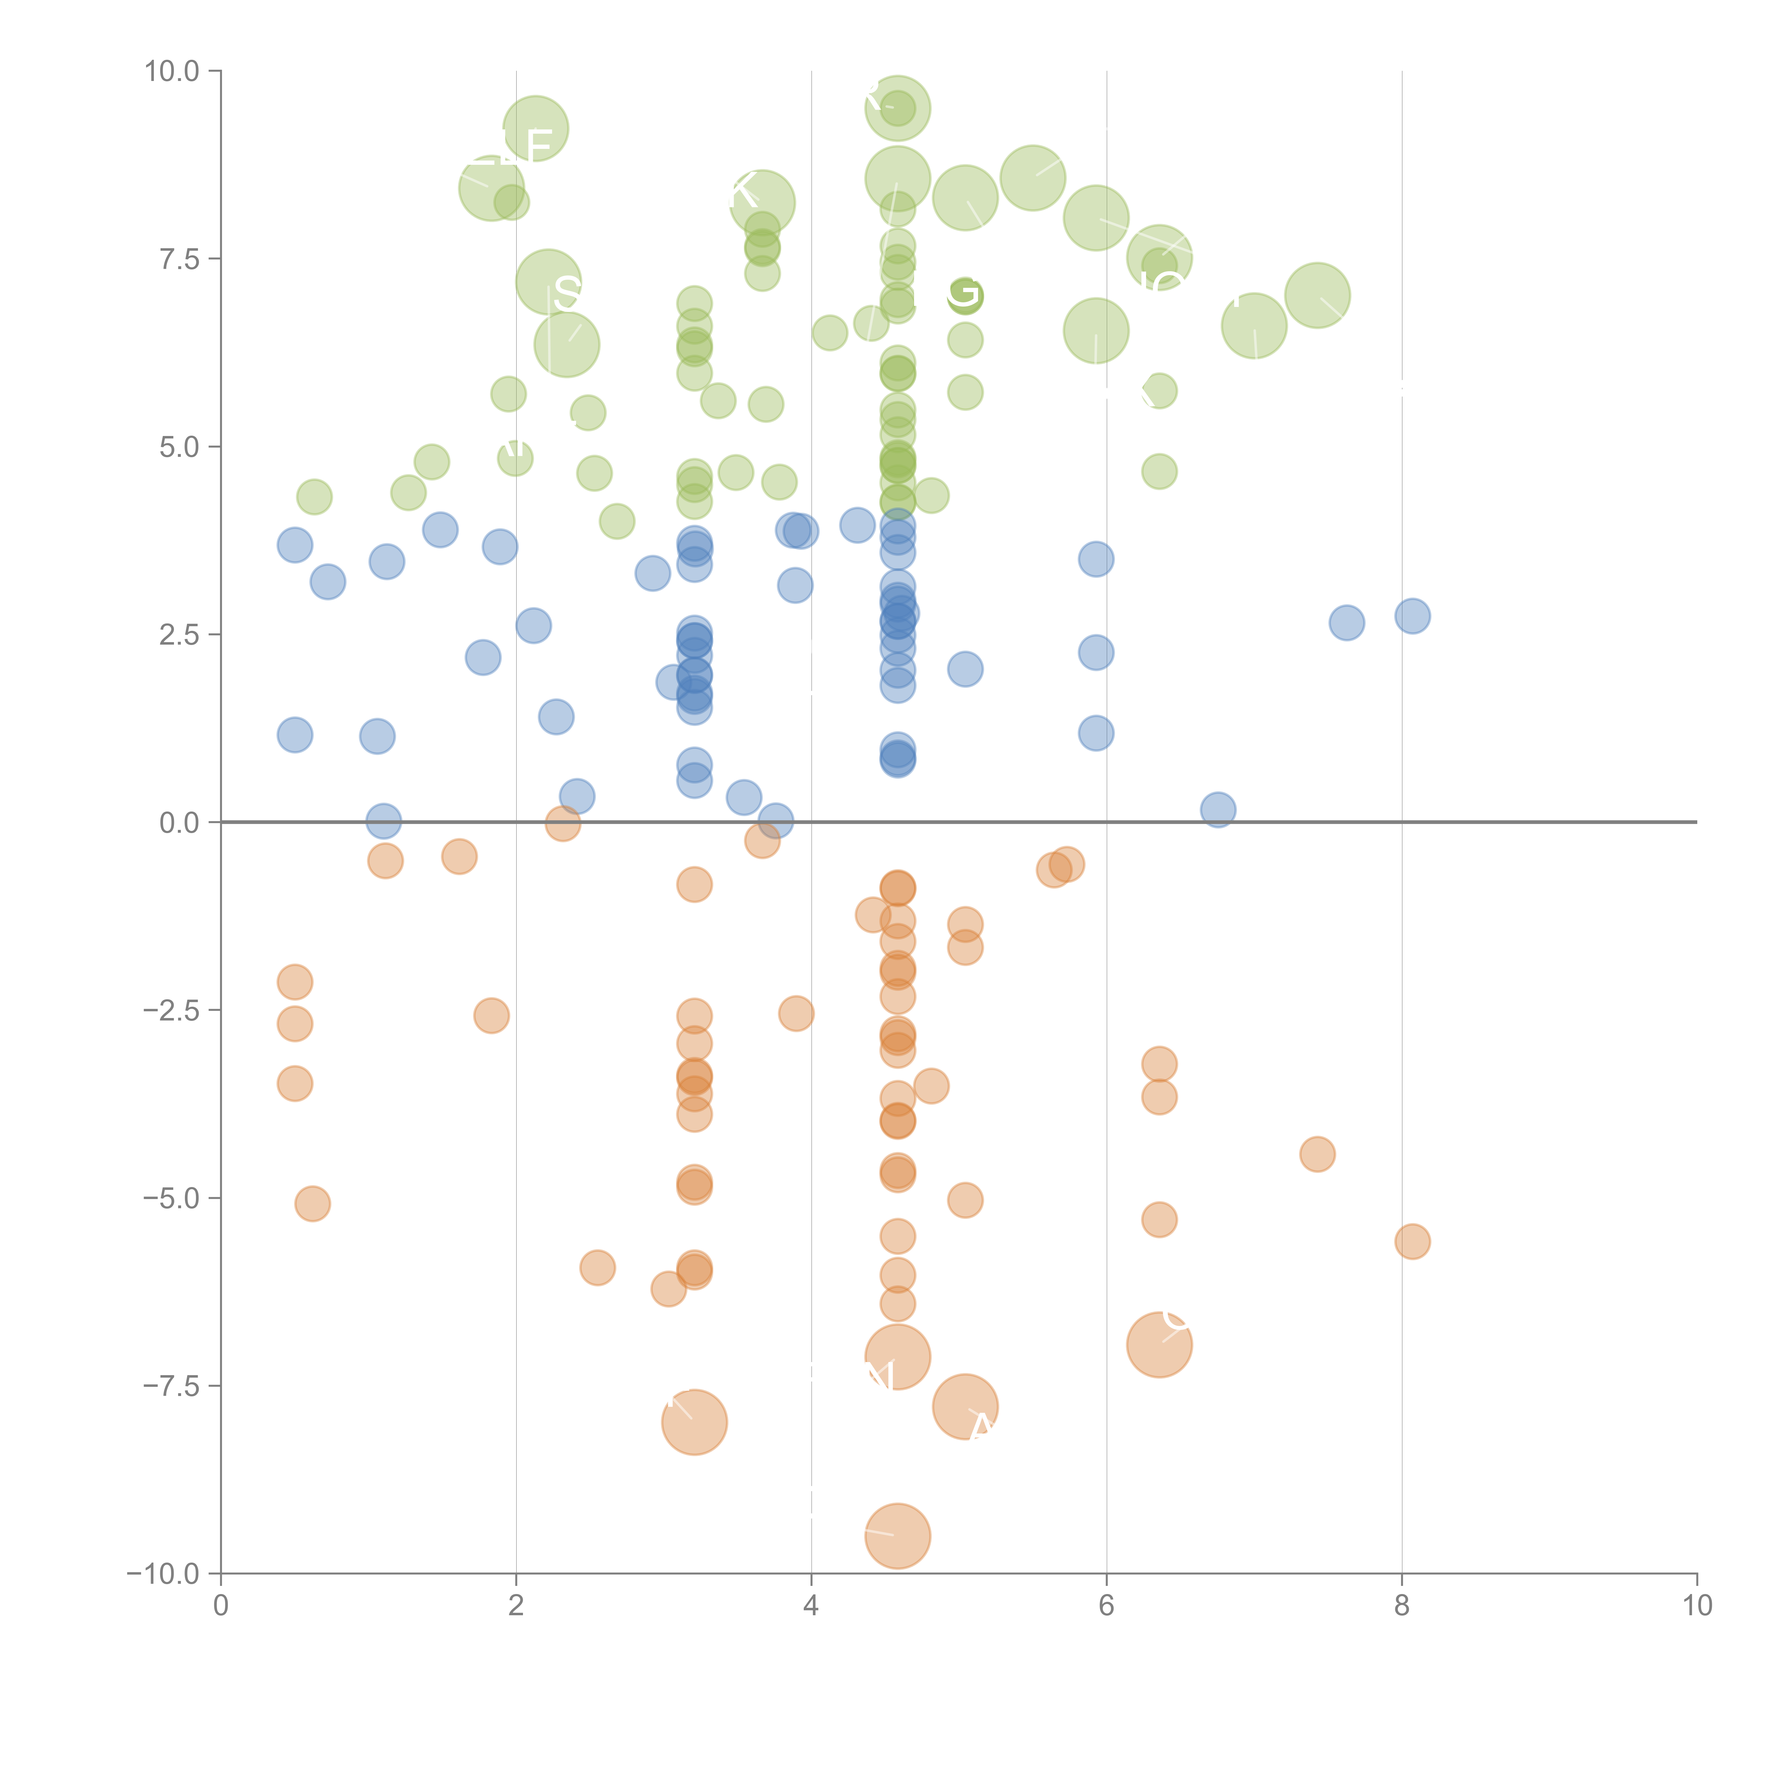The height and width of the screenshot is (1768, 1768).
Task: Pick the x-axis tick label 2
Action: (516, 1606)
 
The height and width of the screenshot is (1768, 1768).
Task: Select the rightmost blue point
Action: (1412, 616)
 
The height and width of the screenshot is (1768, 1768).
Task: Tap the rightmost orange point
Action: (1412, 1242)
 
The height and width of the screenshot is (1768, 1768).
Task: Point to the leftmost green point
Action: (314, 497)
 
